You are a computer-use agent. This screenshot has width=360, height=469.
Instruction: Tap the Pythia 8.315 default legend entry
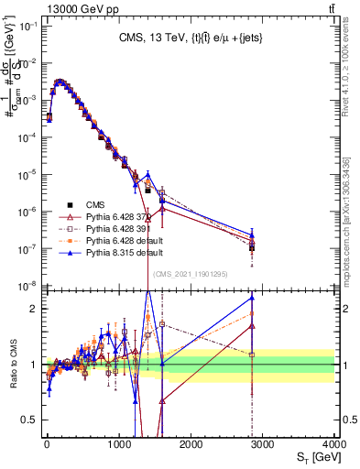click(114, 252)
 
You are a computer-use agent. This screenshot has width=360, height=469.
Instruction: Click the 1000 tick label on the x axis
click(118, 444)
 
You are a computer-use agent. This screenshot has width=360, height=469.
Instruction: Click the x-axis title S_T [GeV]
click(313, 456)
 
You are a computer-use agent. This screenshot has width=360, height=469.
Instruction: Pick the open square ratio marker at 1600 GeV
click(162, 324)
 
